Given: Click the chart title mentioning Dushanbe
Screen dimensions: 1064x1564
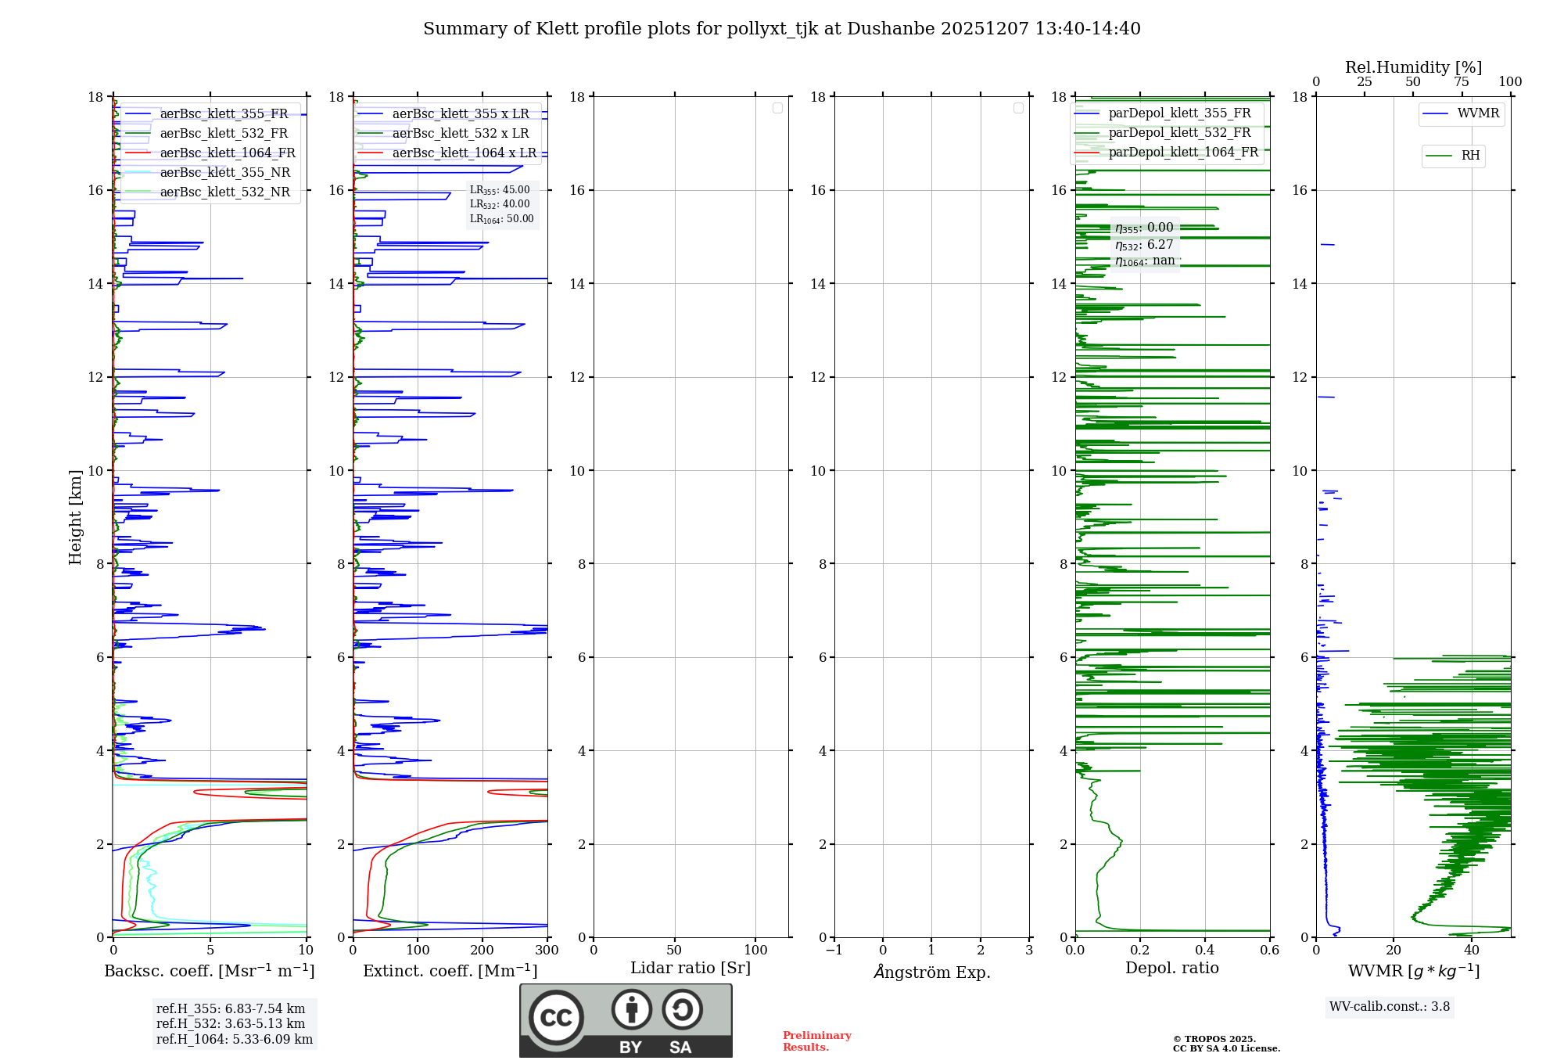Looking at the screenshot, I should [781, 29].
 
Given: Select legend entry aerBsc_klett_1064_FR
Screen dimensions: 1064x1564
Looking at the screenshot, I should [227, 153].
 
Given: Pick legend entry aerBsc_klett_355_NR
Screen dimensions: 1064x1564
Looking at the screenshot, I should [224, 173].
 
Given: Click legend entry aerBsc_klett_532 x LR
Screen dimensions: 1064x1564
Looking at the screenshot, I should [460, 134].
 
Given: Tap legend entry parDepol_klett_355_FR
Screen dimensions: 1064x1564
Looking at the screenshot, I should [1178, 113].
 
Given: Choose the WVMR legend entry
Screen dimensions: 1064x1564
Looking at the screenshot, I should [1477, 113].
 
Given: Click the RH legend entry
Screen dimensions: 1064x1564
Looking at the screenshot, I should [1469, 156].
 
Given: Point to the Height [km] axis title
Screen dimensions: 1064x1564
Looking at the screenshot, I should [75, 517].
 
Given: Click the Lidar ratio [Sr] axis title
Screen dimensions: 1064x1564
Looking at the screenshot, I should [690, 969].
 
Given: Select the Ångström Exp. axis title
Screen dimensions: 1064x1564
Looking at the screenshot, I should [931, 972].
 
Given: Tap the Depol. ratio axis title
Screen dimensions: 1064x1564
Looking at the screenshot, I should [1171, 969].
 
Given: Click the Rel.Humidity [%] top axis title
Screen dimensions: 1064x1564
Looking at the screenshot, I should [1413, 67].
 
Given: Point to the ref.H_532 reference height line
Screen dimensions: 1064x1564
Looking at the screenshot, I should [231, 1024].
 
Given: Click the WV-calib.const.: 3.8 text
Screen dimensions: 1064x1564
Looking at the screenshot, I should [1389, 1007].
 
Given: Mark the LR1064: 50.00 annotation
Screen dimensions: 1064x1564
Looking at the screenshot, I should [501, 219].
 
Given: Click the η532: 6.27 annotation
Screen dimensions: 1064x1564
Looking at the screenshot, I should [1144, 245].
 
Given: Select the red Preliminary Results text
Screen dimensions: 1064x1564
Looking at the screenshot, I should [816, 1041].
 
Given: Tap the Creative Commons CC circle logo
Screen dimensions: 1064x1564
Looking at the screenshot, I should [556, 1018].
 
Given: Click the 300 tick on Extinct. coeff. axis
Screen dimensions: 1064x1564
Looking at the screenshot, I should [547, 951].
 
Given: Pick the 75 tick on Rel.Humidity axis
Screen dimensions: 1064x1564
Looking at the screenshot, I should [1461, 82].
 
